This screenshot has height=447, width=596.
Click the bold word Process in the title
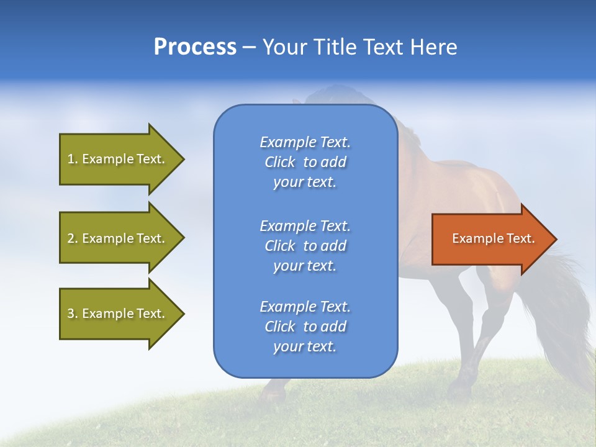tap(195, 47)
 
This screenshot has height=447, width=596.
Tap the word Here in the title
tap(433, 47)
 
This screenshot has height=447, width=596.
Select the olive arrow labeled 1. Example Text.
tap(118, 159)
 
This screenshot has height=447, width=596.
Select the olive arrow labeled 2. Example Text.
tap(118, 238)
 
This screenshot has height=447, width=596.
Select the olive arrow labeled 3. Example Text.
tap(118, 314)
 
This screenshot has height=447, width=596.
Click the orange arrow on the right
tap(490, 239)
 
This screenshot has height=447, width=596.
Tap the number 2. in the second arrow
tap(73, 238)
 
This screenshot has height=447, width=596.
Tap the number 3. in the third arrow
tap(73, 314)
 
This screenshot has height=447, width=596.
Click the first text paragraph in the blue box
tap(305, 162)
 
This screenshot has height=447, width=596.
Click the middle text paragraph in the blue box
tap(305, 246)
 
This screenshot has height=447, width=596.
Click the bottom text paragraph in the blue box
tap(305, 327)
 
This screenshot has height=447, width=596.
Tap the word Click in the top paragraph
tap(280, 162)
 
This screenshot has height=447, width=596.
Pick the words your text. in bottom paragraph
tap(305, 346)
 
